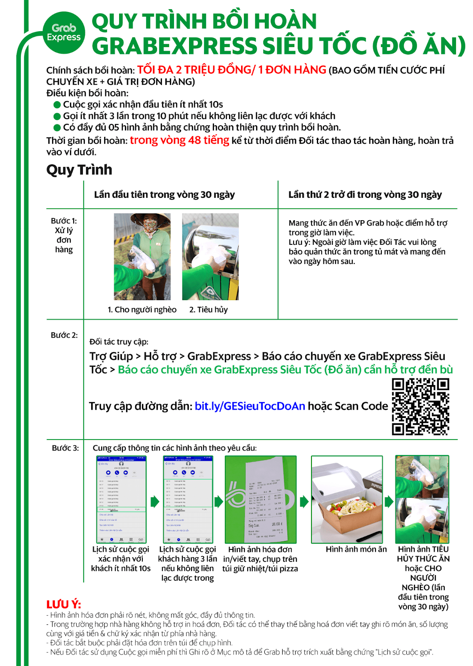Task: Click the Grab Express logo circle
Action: point(64,32)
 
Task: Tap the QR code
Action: point(420,407)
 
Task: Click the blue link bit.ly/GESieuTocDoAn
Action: point(250,406)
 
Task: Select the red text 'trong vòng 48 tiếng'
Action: point(179,140)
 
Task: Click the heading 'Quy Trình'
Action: point(79,170)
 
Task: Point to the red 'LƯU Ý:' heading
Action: point(63,604)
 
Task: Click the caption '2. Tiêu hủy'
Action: point(208,310)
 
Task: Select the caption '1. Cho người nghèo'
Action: point(142,310)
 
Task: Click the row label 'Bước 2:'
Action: point(64,335)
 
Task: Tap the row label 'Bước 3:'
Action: point(65,448)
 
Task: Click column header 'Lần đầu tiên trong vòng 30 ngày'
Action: point(164,195)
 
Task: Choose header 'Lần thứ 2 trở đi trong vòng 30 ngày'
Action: point(365,195)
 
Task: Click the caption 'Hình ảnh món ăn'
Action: point(356,549)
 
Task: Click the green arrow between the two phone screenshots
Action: point(154,501)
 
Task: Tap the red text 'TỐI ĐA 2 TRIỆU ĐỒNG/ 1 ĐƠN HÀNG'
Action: point(232,70)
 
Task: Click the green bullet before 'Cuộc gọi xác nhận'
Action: point(57,105)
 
